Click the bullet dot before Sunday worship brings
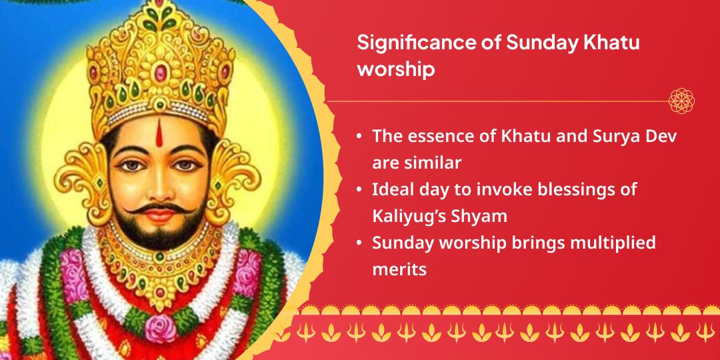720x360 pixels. pos(359,243)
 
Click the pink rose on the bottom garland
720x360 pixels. pos(160,327)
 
